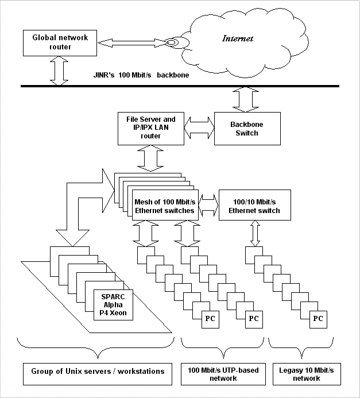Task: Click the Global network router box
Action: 60,43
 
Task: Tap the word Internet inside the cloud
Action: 238,38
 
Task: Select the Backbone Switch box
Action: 247,129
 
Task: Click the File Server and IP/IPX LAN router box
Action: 151,129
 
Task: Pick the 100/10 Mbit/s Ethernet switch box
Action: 255,205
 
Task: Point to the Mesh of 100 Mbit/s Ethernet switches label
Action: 165,206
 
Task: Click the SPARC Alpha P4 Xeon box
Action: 114,305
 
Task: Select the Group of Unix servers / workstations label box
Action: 98,374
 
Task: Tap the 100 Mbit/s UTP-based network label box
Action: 223,374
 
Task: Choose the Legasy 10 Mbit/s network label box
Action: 307,374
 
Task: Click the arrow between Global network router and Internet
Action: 133,43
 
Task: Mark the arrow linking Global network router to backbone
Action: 59,71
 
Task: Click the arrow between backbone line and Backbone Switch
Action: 246,99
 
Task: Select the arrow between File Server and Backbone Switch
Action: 199,127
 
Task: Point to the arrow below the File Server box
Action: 150,158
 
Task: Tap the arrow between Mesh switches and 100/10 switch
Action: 208,205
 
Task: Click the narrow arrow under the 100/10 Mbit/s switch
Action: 255,234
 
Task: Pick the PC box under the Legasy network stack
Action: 319,319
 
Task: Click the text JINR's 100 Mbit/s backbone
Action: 141,75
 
